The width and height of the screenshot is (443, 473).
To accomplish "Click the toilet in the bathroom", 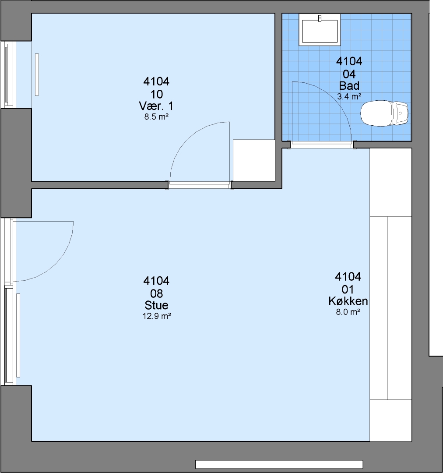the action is pos(384,113).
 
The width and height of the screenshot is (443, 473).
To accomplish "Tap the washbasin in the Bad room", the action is pos(320,31).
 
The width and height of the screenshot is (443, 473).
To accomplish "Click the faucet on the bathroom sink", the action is pos(320,19).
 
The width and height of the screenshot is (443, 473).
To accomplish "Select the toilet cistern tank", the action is pos(400,113).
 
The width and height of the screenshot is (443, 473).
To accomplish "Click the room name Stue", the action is pos(157,305).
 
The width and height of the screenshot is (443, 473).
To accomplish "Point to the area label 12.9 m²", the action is pos(157,316).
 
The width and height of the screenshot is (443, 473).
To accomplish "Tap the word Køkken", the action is pos(348,301).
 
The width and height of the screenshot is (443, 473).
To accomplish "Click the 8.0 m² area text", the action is pos(348,312).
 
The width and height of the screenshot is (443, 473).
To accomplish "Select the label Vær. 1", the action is pos(156,106).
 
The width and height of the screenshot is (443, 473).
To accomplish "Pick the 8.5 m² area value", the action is pos(156,117).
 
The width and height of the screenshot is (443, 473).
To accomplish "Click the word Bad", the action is pos(349,86).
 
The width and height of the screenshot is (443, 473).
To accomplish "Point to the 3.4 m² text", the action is pos(349,96).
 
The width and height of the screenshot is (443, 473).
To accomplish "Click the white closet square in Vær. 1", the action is pos(254,160).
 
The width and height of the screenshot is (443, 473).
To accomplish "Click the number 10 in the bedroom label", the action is pos(157,95).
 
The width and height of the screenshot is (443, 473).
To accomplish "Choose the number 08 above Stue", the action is pos(157,293).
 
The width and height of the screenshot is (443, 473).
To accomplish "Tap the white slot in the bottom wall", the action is pos(279,464).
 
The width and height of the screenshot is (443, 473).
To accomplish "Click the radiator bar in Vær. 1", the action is pos(37,75).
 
